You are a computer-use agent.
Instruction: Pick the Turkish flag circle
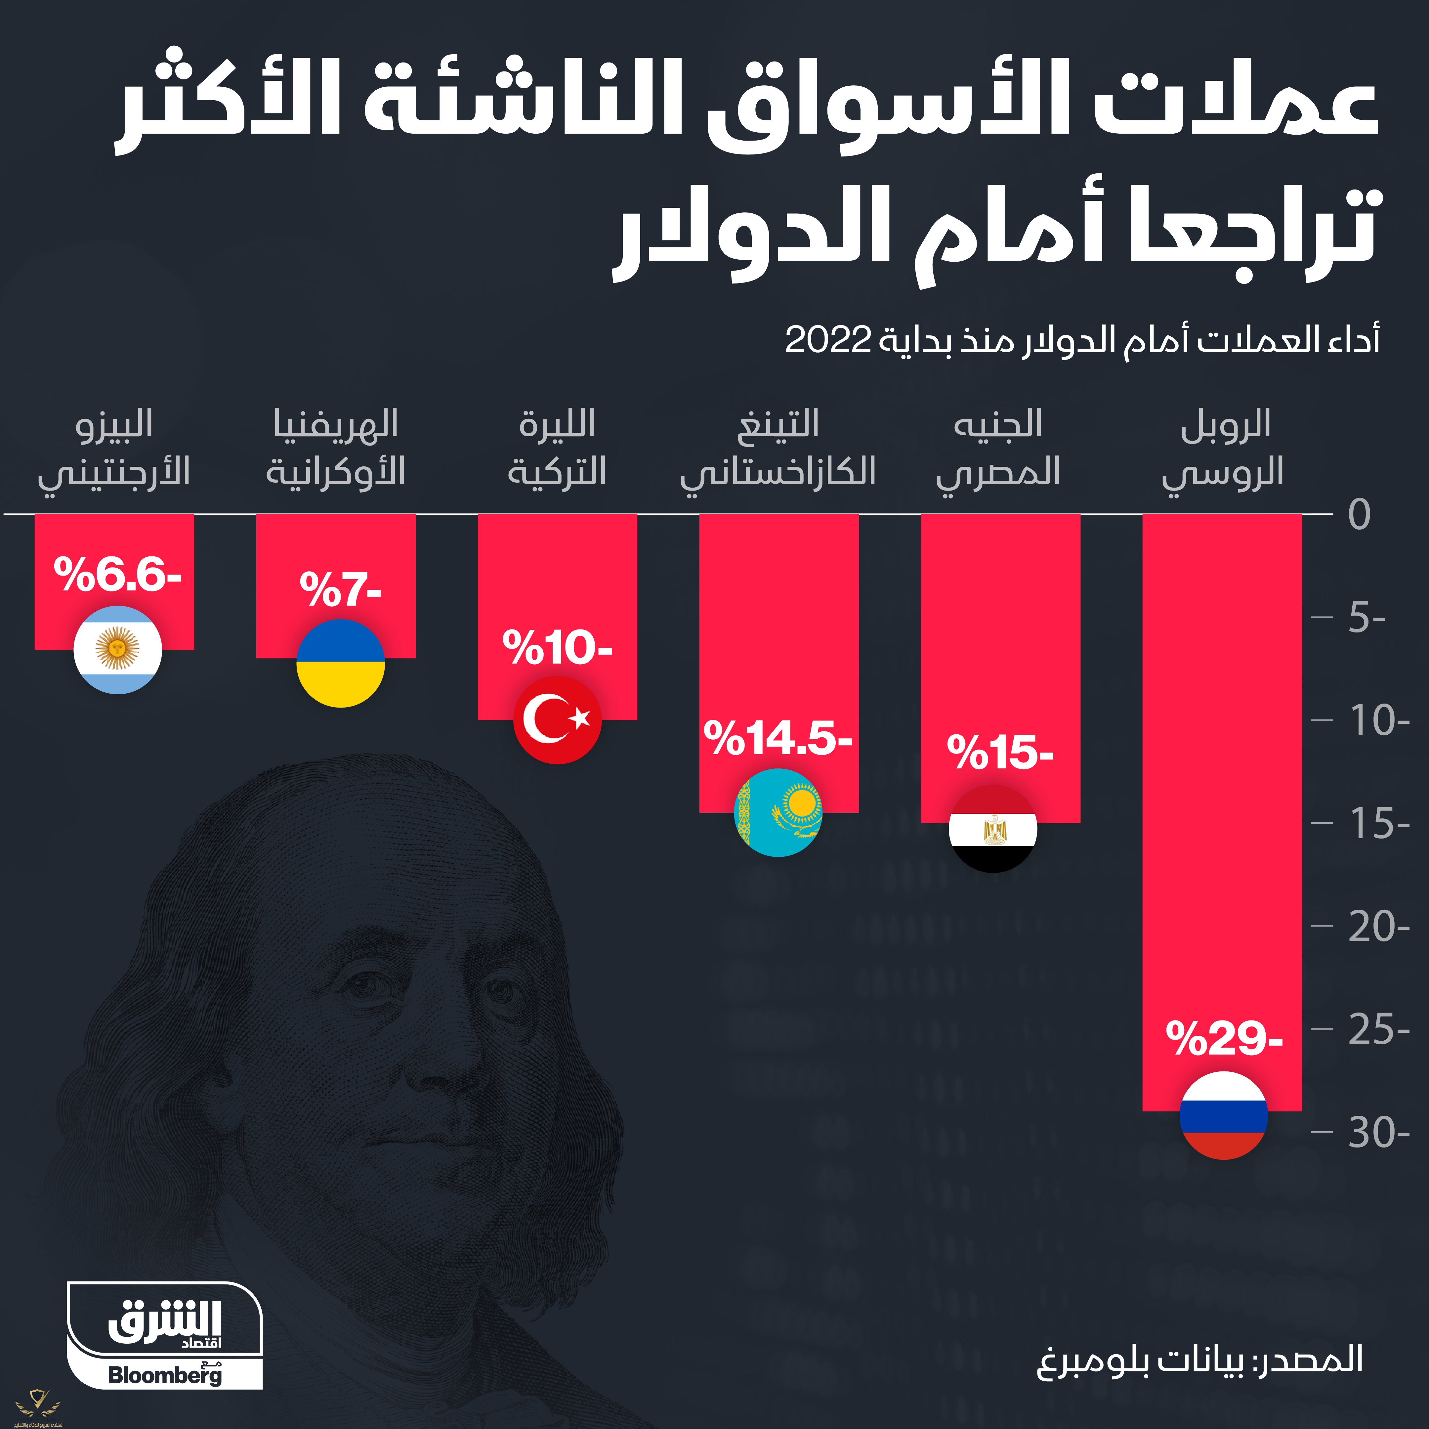click(x=557, y=719)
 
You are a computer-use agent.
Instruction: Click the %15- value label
click(x=1000, y=752)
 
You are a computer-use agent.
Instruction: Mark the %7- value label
click(x=340, y=589)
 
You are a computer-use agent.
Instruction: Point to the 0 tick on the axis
click(x=1360, y=514)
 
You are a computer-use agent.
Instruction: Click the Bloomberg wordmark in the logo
click(x=164, y=1375)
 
